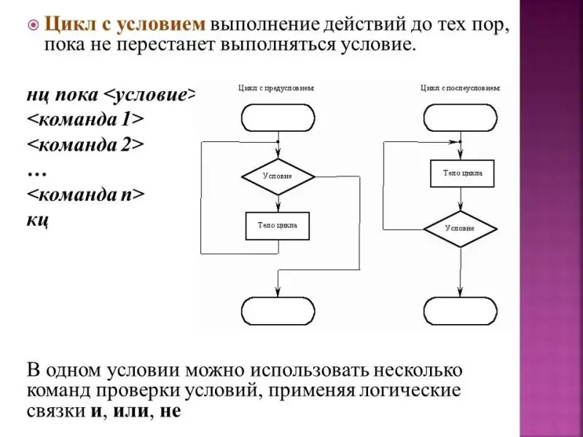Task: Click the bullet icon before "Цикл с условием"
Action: tap(32, 25)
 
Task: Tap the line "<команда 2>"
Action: tap(85, 144)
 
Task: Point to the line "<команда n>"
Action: tap(85, 194)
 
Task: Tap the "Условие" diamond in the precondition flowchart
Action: tap(278, 176)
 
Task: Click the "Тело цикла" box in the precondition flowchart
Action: tap(277, 225)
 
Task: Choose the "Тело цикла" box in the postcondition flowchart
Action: tap(461, 173)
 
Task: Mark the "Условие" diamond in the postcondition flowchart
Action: tap(461, 229)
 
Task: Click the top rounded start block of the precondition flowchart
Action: tap(278, 117)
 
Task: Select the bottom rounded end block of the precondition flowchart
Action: tap(278, 310)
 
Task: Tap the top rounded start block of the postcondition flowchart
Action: tap(461, 117)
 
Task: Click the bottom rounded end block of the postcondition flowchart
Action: tap(461, 310)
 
